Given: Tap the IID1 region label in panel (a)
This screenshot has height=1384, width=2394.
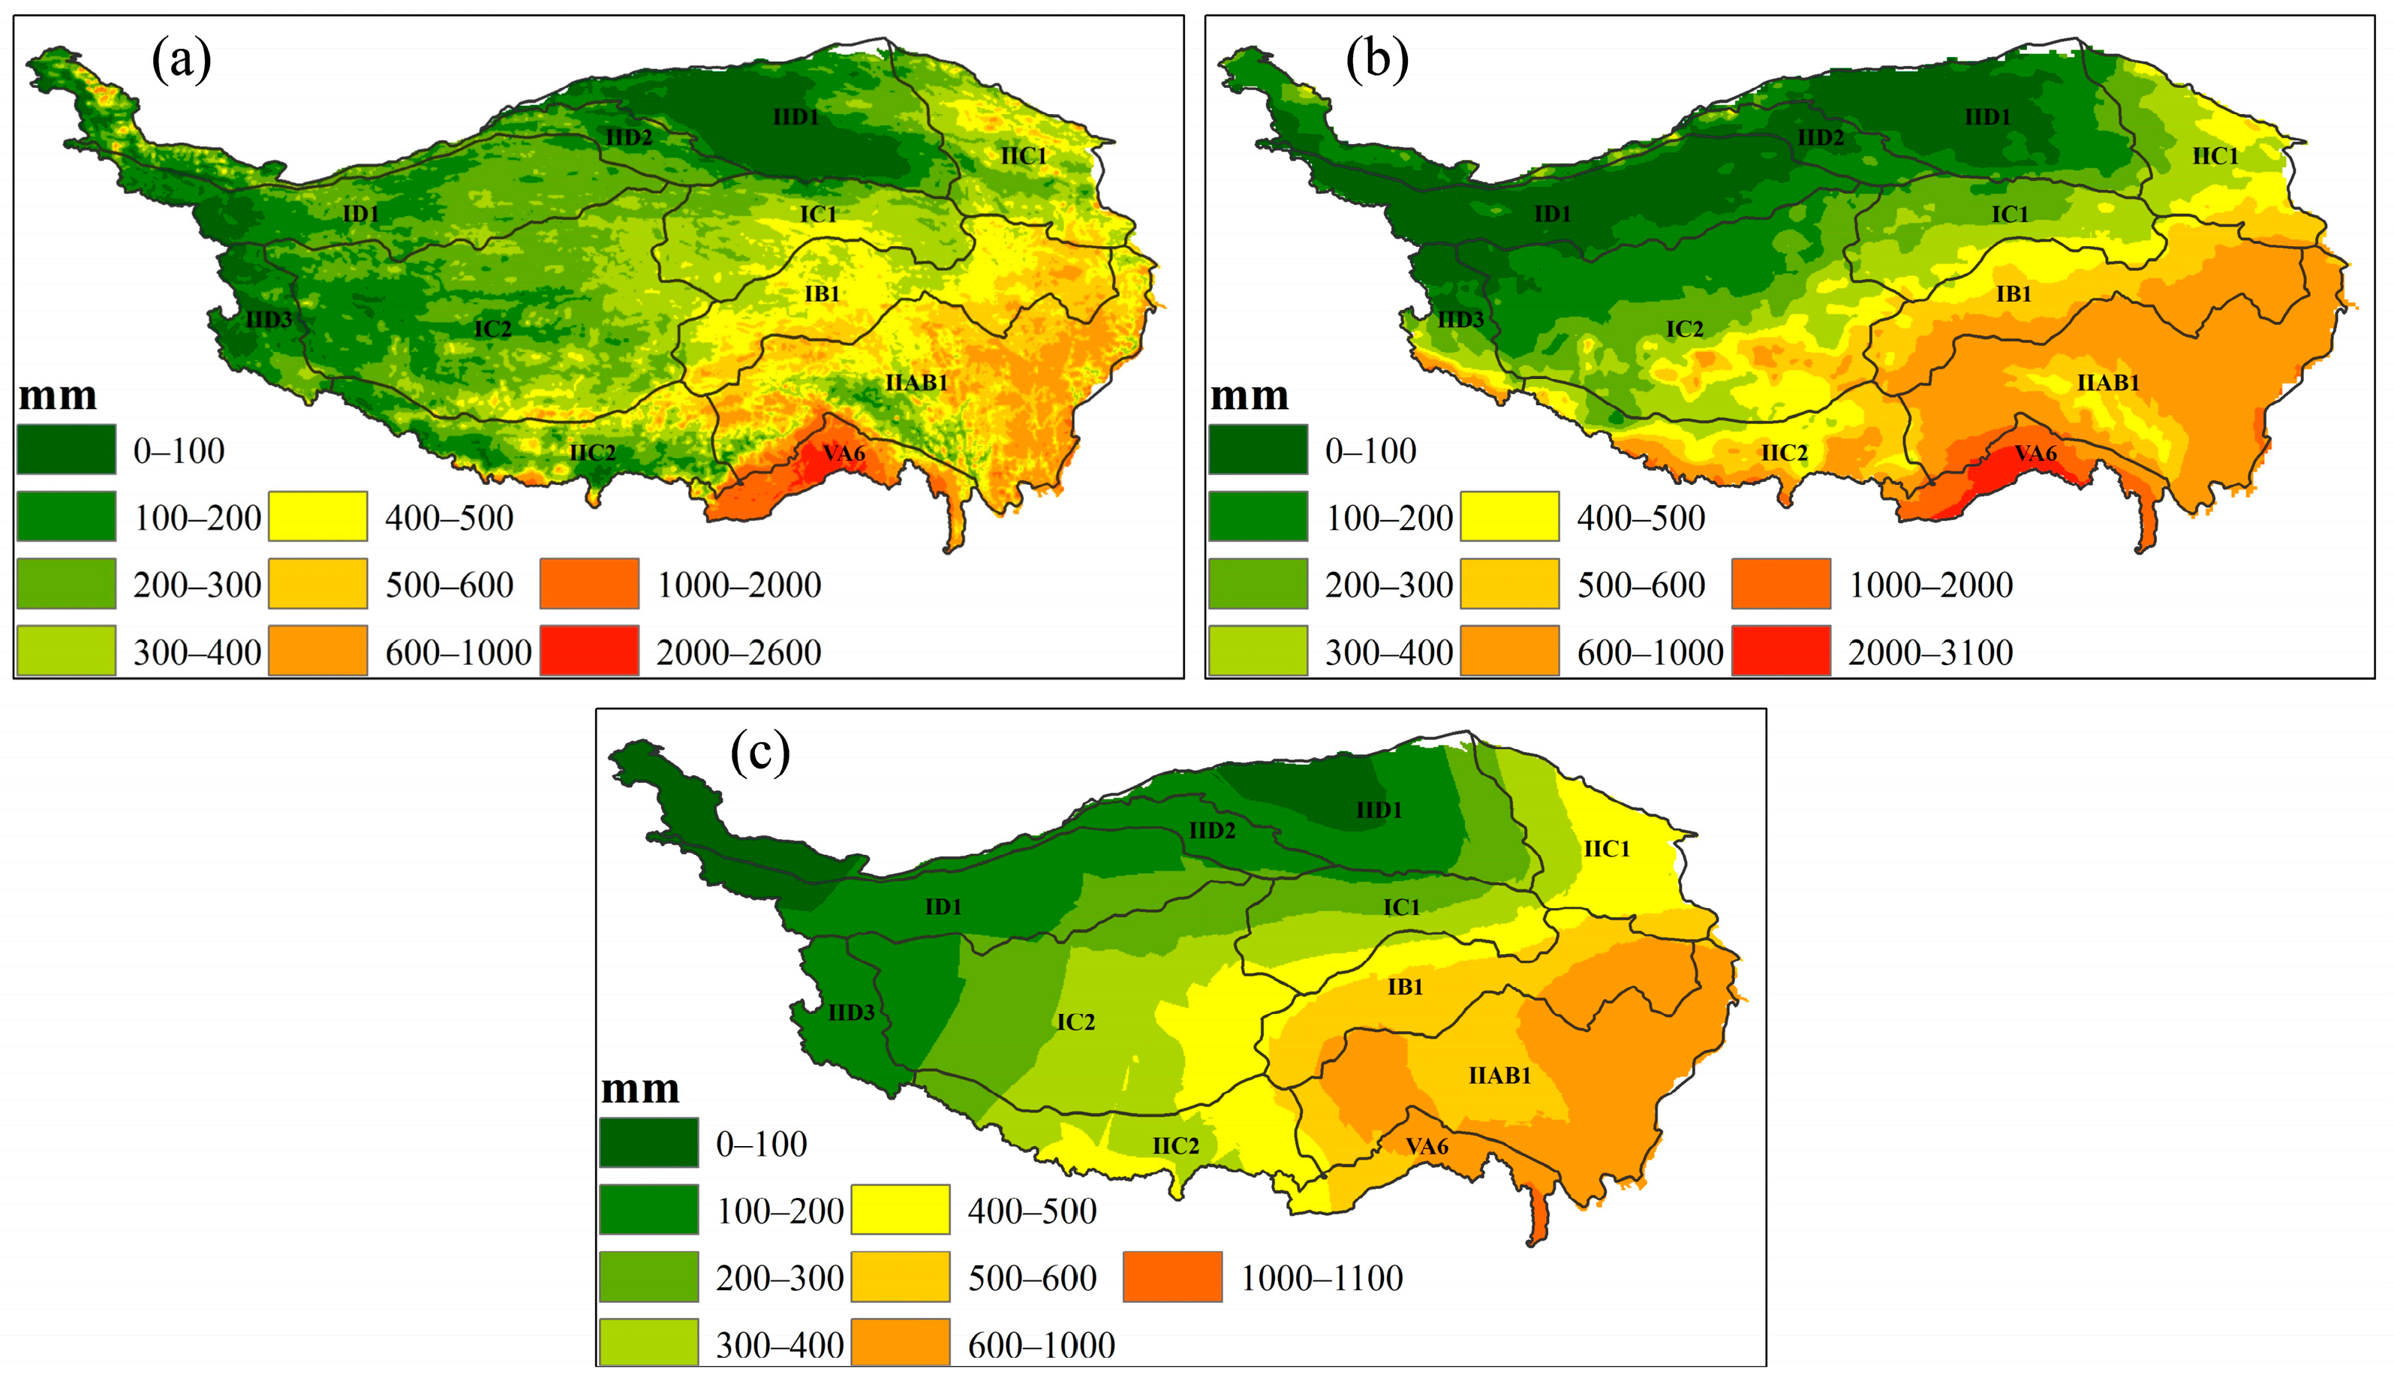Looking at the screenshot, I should (796, 117).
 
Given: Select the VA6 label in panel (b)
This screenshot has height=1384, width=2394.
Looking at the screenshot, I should (2035, 453).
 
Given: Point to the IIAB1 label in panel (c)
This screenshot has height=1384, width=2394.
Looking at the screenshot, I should (1499, 1076).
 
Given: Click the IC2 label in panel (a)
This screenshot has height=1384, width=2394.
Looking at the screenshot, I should (493, 329).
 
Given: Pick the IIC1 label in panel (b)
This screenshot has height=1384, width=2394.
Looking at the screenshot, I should (2215, 156).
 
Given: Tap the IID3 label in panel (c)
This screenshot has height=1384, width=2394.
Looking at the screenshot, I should (851, 1012).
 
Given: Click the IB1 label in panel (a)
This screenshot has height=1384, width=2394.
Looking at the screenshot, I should (822, 293).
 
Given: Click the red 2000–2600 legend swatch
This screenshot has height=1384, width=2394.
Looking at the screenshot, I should (589, 651).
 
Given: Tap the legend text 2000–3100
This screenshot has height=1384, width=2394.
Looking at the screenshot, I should (1930, 652).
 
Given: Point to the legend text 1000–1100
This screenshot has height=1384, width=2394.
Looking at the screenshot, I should (1322, 1279).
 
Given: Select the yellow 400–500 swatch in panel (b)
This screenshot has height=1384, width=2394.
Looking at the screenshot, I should (1509, 516).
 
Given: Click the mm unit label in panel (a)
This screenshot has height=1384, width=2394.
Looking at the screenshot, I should (58, 395).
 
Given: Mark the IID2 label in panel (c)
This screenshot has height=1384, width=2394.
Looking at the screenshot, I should (1212, 831).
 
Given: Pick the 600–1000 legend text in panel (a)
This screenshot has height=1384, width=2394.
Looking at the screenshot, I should (458, 652).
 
